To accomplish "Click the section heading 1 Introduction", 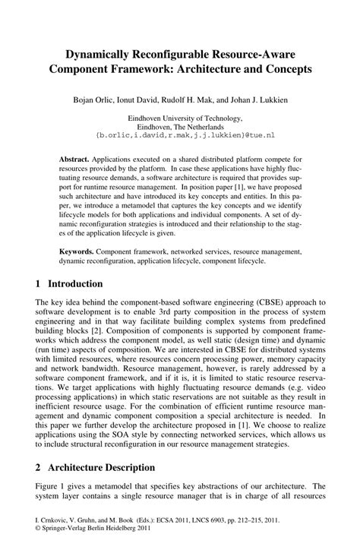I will coord(68,284).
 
